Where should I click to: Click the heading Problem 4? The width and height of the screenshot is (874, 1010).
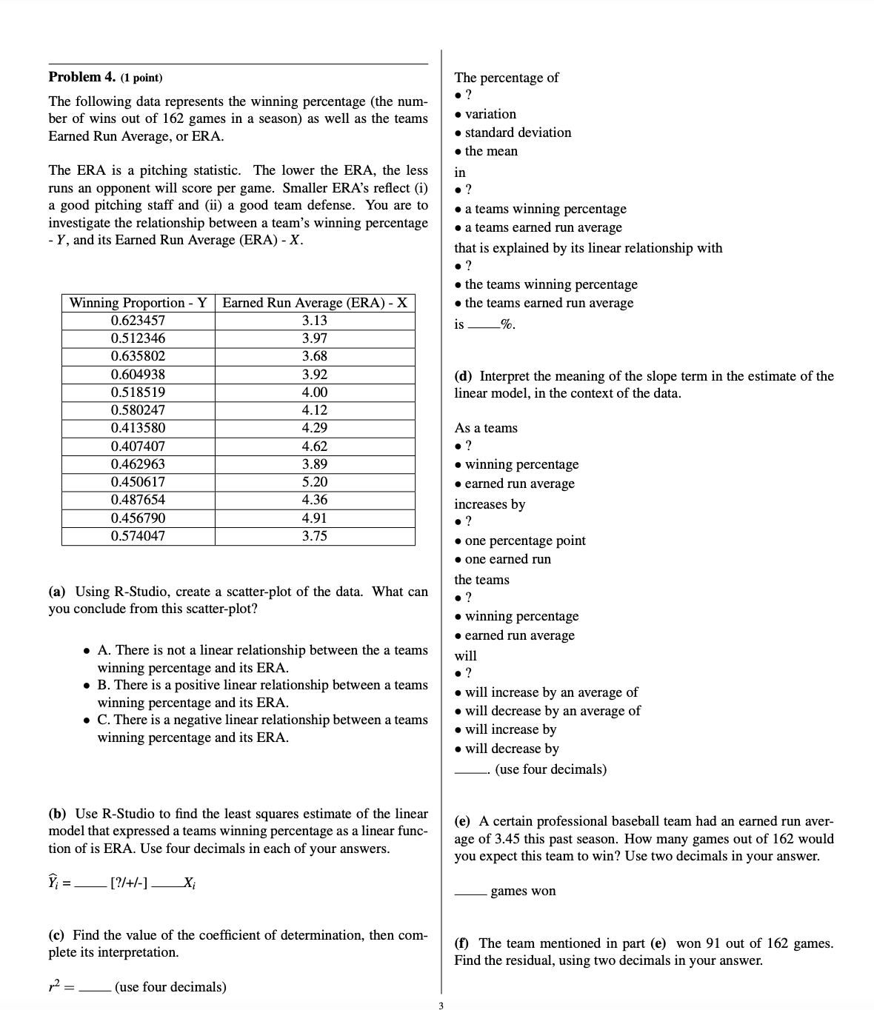pyautogui.click(x=76, y=77)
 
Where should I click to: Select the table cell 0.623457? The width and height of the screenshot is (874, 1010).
pyautogui.click(x=138, y=321)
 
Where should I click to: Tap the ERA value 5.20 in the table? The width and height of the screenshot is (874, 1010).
pyautogui.click(x=315, y=482)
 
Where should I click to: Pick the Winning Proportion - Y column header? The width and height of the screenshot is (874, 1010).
pyautogui.click(x=138, y=303)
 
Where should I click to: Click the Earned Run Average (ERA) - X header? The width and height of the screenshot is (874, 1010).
pyautogui.click(x=315, y=303)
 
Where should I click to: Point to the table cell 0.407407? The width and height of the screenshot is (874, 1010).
pyautogui.click(x=138, y=447)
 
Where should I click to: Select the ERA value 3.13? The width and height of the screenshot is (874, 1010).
pyautogui.click(x=315, y=321)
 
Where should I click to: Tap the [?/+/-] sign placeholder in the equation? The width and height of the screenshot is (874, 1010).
pyautogui.click(x=128, y=883)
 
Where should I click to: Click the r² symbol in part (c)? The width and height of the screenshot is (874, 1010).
pyautogui.click(x=56, y=987)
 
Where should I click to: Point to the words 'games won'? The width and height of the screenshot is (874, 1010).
pyautogui.click(x=523, y=891)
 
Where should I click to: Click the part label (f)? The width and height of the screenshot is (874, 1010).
pyautogui.click(x=462, y=943)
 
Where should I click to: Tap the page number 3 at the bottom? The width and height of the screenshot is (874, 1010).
pyautogui.click(x=440, y=1006)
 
